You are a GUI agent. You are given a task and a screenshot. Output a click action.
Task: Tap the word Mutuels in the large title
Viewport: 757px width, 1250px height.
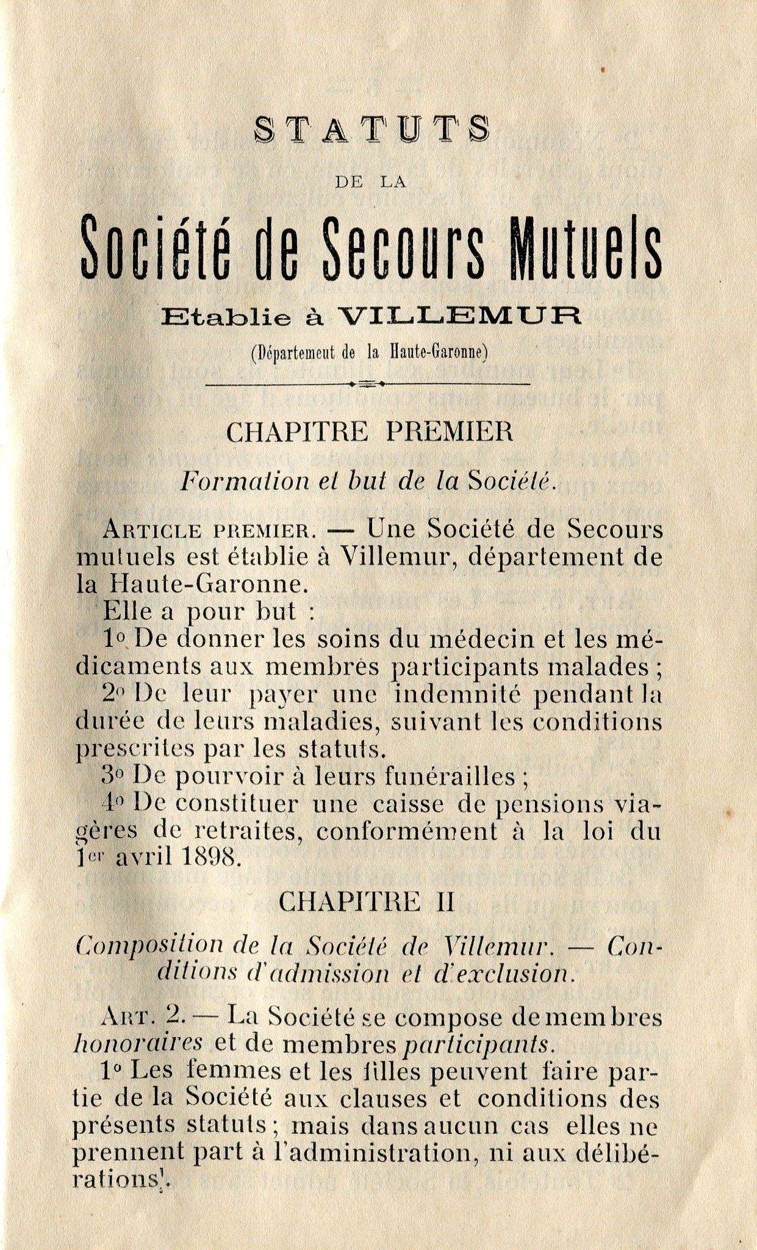(x=586, y=247)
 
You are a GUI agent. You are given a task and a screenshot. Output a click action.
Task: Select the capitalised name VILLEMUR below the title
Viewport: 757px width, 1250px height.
(x=459, y=316)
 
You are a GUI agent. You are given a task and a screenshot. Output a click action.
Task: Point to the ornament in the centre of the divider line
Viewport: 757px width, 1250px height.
(x=366, y=384)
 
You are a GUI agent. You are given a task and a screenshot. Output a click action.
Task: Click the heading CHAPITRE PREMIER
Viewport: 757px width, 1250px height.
(x=370, y=433)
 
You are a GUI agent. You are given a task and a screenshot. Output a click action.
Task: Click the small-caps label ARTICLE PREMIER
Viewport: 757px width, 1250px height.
(x=209, y=530)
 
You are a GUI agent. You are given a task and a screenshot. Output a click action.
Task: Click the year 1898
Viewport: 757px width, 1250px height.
(x=209, y=858)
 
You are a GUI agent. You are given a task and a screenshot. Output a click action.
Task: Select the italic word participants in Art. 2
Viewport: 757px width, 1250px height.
(x=479, y=1045)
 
